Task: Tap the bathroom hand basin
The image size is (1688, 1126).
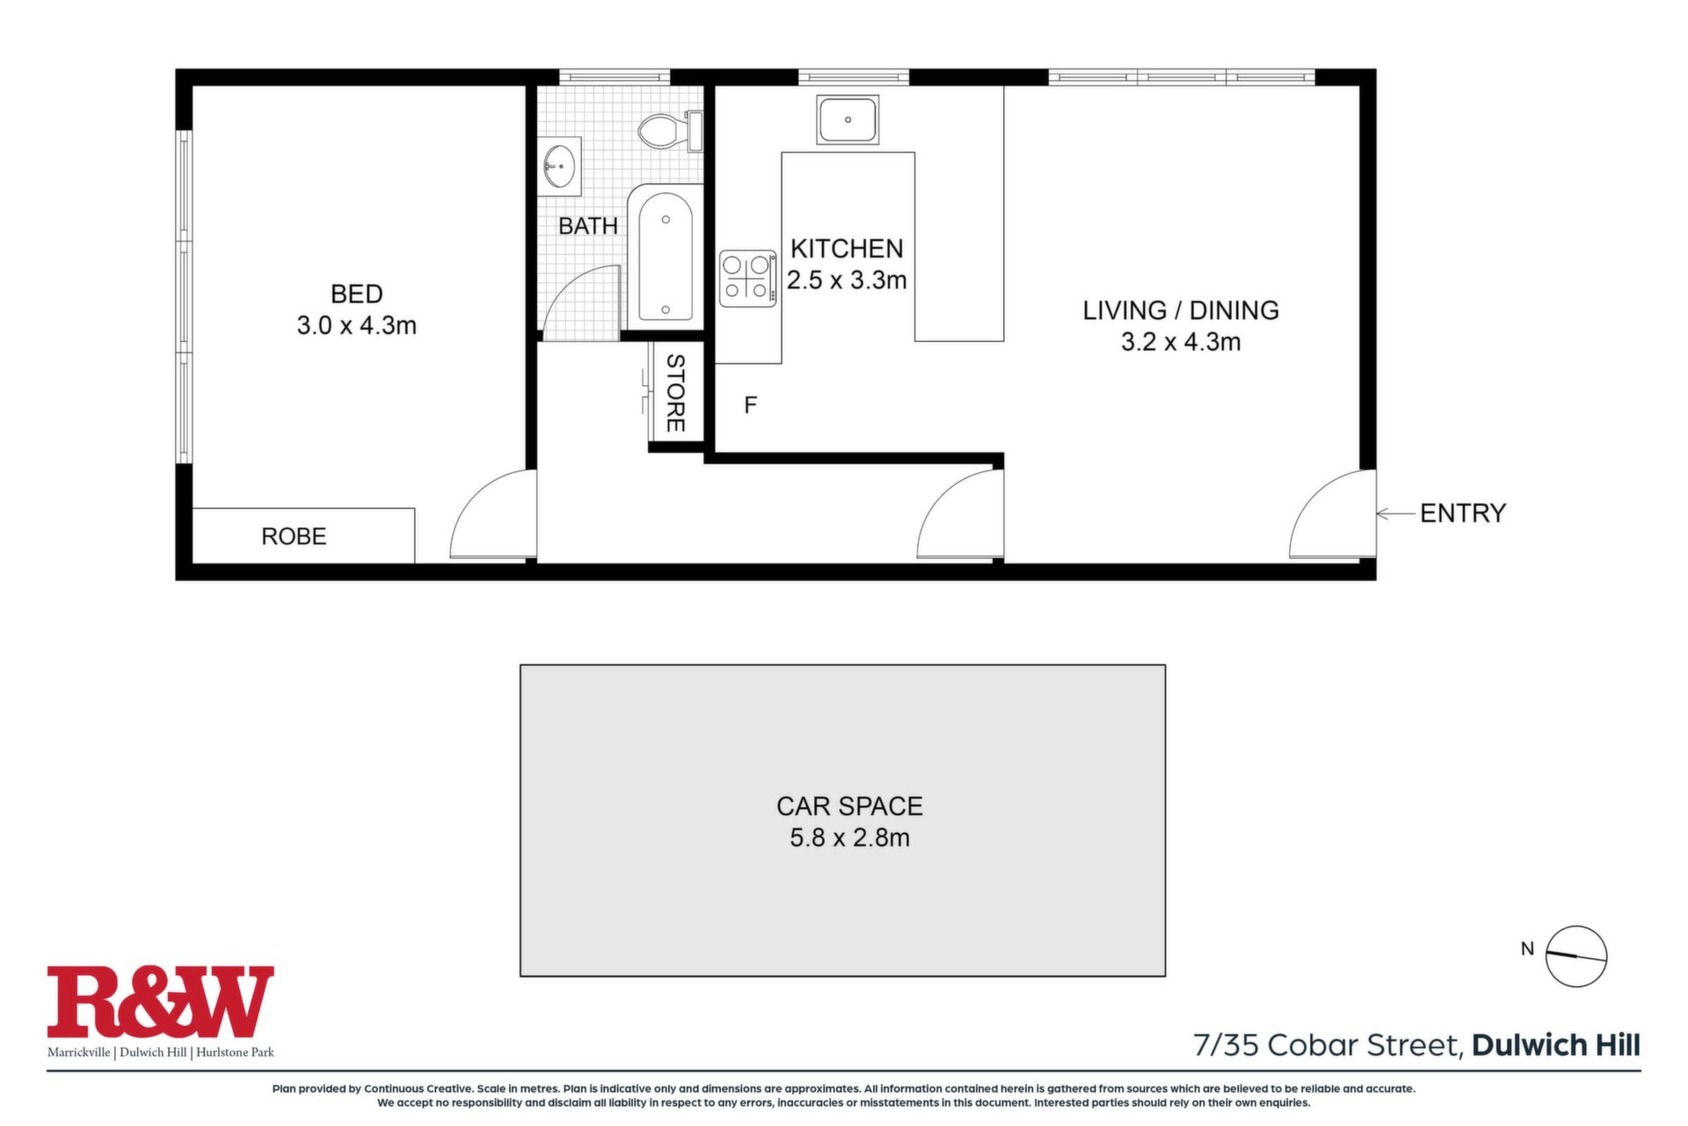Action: tap(559, 165)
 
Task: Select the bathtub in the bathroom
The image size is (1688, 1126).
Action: tap(666, 257)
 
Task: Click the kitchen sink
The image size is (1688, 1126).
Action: tap(848, 120)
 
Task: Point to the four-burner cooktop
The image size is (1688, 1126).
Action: tap(748, 279)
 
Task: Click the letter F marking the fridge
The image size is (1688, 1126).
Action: tap(750, 405)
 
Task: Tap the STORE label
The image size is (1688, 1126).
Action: tap(675, 393)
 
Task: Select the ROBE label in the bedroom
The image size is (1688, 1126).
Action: tap(294, 536)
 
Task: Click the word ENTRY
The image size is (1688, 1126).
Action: tap(1463, 513)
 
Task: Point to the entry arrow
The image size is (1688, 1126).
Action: tap(1395, 513)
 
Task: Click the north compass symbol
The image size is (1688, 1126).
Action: tap(1576, 956)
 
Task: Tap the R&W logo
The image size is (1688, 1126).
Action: tap(160, 1002)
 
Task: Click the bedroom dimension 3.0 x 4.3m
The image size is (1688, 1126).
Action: tap(356, 326)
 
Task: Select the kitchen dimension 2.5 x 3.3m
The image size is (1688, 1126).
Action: tap(847, 280)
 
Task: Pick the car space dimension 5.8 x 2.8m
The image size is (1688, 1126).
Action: tap(849, 838)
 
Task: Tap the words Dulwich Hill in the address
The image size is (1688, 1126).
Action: tap(1556, 1045)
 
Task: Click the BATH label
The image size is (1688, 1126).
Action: tap(588, 226)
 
